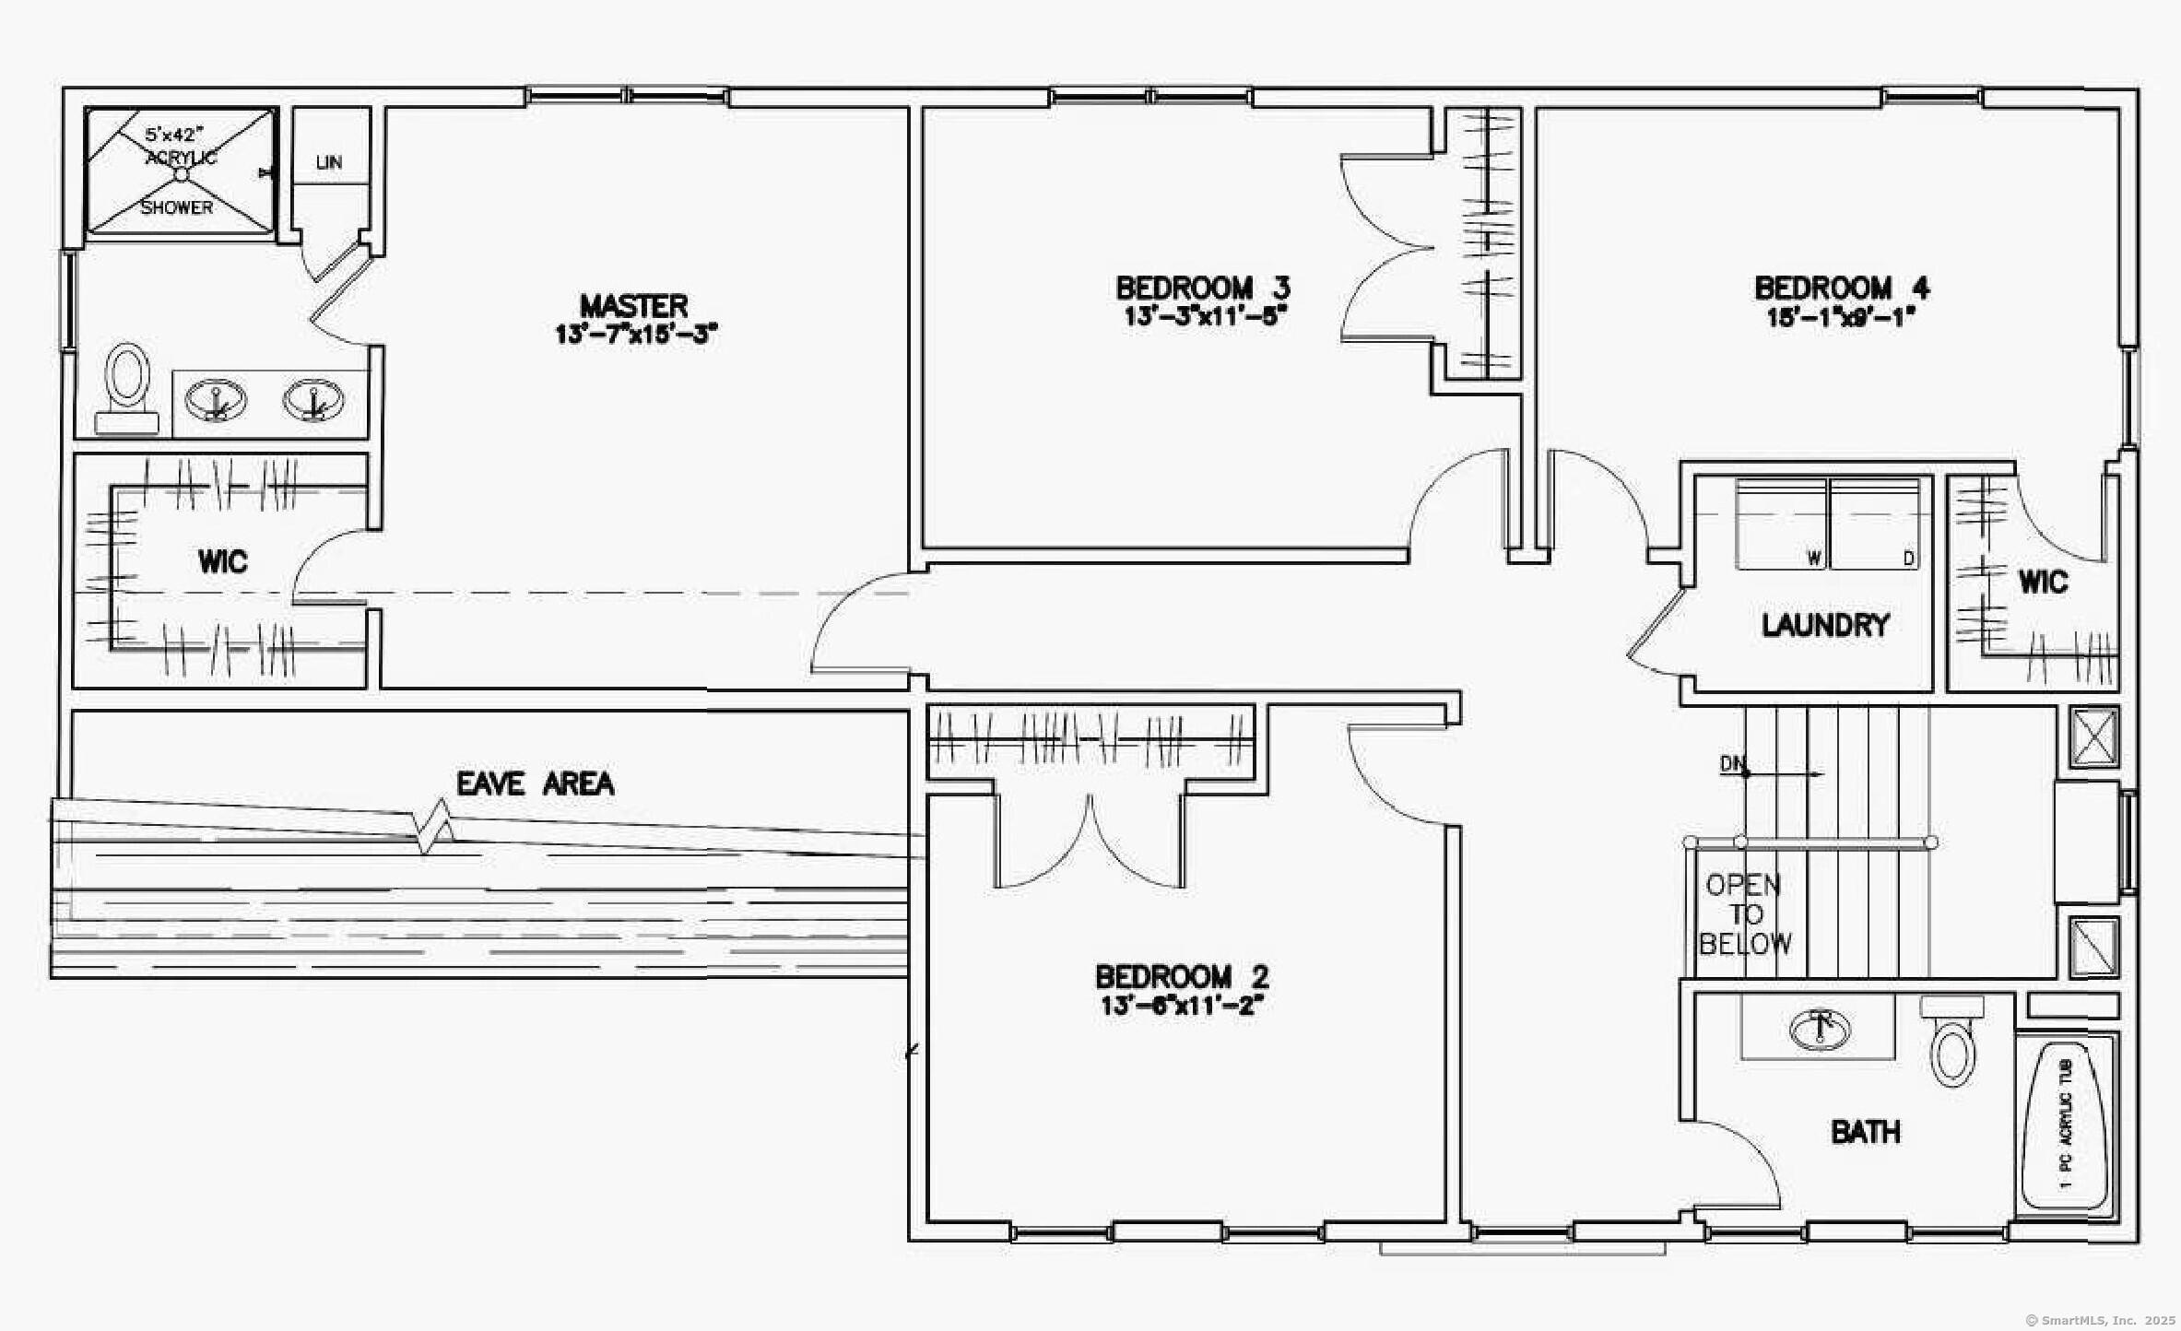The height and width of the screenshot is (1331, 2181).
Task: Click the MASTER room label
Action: click(x=634, y=306)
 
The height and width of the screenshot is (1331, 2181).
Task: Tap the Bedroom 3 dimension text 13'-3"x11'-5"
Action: click(x=1204, y=315)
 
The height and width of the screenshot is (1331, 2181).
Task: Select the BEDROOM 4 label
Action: click(x=1841, y=288)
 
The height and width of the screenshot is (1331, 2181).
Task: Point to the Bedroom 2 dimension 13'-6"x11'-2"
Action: click(x=1181, y=1005)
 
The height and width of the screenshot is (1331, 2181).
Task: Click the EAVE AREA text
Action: click(x=535, y=783)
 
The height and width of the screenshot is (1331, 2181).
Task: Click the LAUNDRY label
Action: click(x=1824, y=625)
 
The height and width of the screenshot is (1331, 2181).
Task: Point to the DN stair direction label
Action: click(x=1731, y=763)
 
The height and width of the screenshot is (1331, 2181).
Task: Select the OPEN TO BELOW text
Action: click(x=1744, y=914)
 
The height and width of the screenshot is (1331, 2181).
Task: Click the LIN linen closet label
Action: click(x=328, y=162)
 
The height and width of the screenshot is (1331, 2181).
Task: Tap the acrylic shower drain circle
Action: click(x=182, y=173)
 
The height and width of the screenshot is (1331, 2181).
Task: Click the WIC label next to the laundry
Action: click(x=2043, y=582)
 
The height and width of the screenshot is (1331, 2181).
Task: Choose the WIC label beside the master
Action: click(x=222, y=560)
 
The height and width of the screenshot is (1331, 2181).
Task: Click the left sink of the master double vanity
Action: click(x=216, y=400)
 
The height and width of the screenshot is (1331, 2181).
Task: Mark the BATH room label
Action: click(x=1865, y=1131)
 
